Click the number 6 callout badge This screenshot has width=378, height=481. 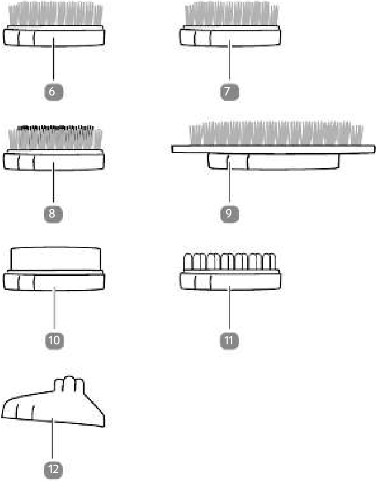pos(53,91)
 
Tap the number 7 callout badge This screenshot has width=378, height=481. pos(229,91)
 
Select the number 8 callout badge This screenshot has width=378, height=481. pos(53,213)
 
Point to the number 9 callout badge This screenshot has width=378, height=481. pos(229,213)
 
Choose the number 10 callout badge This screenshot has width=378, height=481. pos(54,340)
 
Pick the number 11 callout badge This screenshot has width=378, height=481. pos(229,340)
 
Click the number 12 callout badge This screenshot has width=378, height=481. pos(53,469)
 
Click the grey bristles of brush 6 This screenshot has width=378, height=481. pos(55,15)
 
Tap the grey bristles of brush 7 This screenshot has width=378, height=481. pos(232,15)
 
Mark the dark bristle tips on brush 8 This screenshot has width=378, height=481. pos(55,128)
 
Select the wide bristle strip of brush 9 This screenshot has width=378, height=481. pos(276,134)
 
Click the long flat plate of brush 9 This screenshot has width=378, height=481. pos(273,149)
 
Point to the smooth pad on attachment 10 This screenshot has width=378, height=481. pos(55,259)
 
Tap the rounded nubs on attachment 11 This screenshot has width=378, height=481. pos(230,262)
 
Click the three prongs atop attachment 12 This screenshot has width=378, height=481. pos(69,384)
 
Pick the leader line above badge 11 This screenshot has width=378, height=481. pos(229,308)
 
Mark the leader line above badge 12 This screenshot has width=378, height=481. pos(53,439)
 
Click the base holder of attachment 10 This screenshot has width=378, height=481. pos(54,281)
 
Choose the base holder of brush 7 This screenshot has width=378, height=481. pos(230,36)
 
